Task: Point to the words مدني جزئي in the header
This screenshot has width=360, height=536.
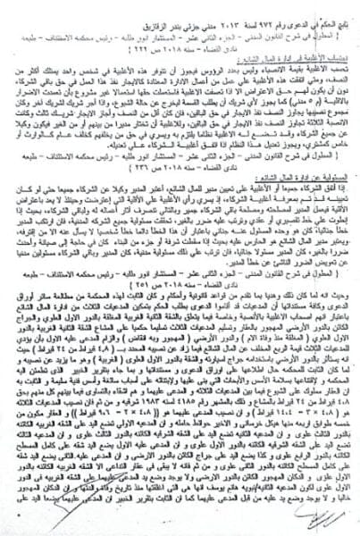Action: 155,9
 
